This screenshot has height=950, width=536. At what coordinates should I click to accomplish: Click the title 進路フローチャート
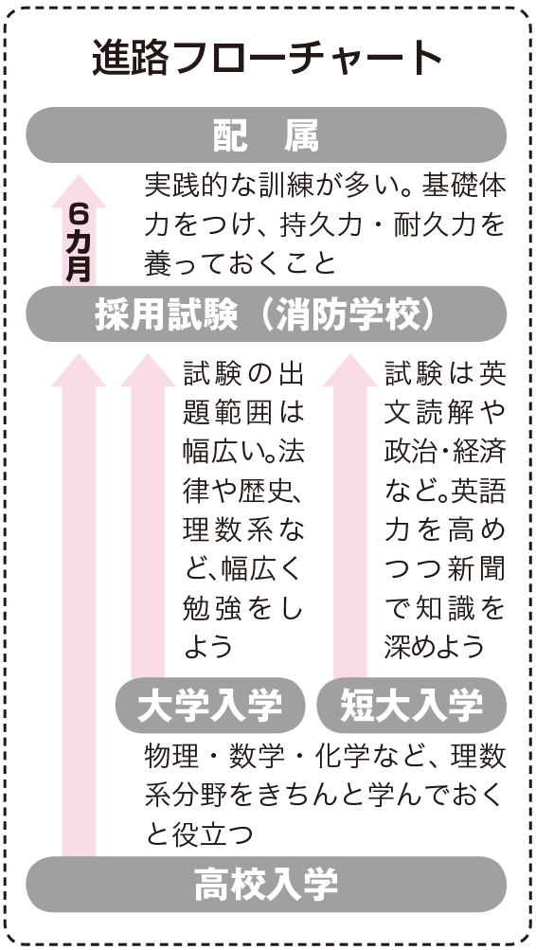(267, 59)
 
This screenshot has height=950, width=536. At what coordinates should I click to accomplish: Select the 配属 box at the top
(266, 135)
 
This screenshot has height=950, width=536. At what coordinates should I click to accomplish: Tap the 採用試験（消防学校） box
(266, 314)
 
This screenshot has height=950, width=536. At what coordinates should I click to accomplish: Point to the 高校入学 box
(266, 885)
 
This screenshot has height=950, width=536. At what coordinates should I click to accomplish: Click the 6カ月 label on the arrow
(79, 242)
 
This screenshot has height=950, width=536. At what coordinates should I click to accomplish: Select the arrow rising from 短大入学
(350, 515)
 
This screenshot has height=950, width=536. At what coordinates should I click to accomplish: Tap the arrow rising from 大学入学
(148, 515)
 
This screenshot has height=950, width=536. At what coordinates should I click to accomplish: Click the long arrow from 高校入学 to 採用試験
(79, 605)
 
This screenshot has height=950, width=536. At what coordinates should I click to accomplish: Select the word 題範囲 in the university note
(223, 413)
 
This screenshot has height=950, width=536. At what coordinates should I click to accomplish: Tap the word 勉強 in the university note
(203, 609)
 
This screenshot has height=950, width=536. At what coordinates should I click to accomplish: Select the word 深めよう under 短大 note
(435, 647)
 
